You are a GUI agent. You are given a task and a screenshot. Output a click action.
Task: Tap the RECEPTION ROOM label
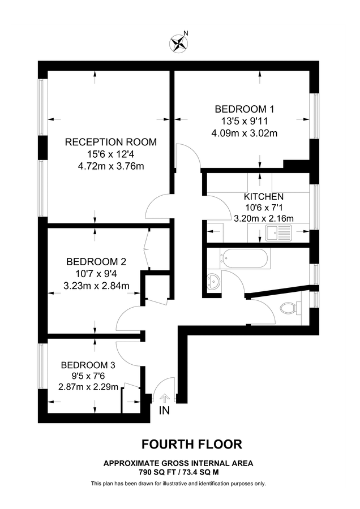click(111, 142)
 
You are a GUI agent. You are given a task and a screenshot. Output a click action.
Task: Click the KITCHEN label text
click(264, 197)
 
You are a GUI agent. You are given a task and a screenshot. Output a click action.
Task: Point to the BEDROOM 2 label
click(96, 262)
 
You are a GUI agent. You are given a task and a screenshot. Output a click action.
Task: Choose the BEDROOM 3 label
click(88, 365)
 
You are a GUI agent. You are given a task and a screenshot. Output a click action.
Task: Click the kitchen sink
click(279, 234)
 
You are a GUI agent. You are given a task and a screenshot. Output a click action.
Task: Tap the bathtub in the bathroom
click(245, 258)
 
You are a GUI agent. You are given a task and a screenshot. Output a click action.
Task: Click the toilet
click(290, 308)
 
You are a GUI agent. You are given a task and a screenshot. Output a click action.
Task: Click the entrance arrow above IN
click(165, 398)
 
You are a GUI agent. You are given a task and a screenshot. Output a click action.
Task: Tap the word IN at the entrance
click(164, 411)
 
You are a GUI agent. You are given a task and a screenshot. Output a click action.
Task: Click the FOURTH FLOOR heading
click(192, 444)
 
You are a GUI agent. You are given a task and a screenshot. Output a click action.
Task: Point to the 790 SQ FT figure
click(157, 473)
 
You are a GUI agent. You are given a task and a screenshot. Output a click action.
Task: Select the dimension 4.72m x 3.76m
click(111, 166)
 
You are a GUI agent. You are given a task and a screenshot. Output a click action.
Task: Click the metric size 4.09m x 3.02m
click(245, 133)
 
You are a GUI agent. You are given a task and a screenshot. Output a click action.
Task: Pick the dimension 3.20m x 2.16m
click(264, 218)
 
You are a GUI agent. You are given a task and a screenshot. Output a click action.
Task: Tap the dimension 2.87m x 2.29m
click(88, 387)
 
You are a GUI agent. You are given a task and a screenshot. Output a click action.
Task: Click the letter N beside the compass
click(186, 33)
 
